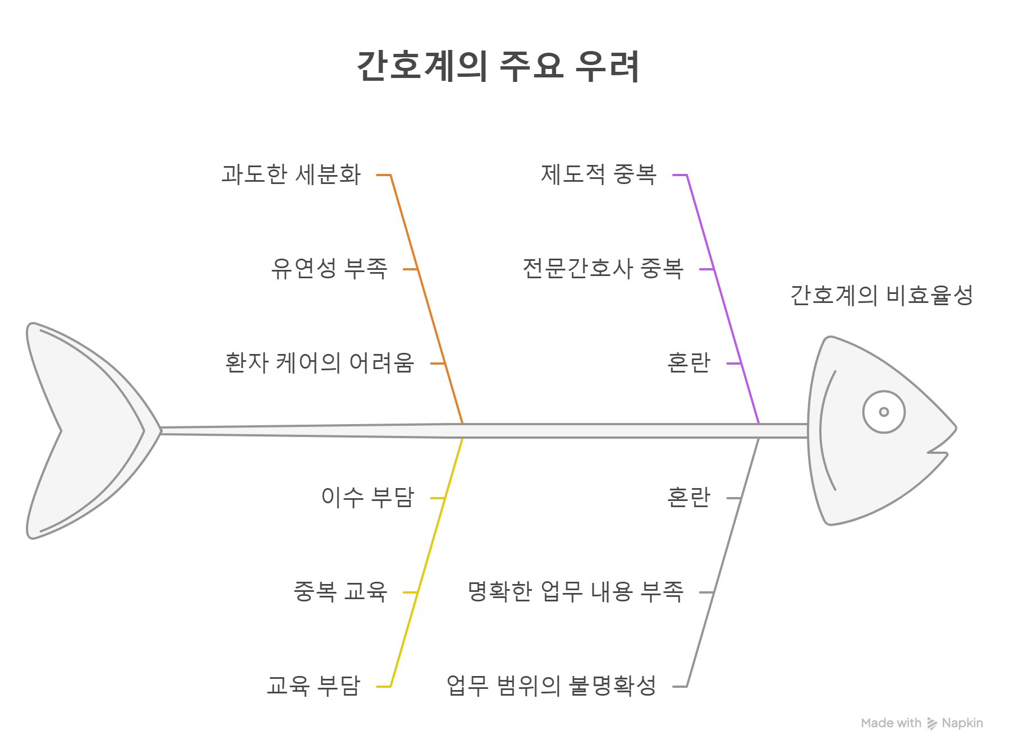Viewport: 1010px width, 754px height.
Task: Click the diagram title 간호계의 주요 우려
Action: pyautogui.click(x=498, y=66)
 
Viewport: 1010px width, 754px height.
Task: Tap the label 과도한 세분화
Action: pyautogui.click(x=291, y=174)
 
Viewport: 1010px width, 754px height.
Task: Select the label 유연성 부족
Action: pyautogui.click(x=329, y=269)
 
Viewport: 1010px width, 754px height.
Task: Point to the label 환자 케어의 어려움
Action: pyautogui.click(x=320, y=363)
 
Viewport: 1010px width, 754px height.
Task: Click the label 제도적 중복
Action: pyautogui.click(x=599, y=174)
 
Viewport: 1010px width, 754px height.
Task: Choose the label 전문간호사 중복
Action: pyautogui.click(x=603, y=269)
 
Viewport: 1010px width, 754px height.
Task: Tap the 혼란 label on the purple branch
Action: pyautogui.click(x=688, y=363)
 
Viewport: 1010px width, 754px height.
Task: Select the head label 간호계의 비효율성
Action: pyautogui.click(x=882, y=296)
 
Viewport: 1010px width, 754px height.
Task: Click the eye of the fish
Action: pyautogui.click(x=884, y=412)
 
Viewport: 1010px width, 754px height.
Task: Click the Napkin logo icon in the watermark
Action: pyautogui.click(x=932, y=724)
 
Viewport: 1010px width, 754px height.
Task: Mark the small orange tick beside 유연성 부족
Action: pyautogui.click(x=411, y=269)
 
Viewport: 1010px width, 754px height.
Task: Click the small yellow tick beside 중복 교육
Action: pyautogui.click(x=411, y=592)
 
